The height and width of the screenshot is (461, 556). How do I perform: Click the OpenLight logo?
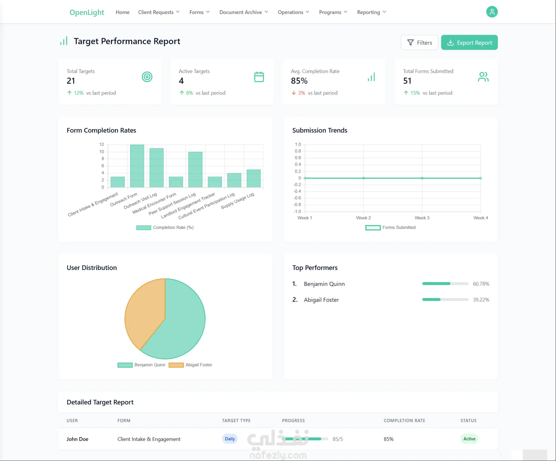pyautogui.click(x=87, y=12)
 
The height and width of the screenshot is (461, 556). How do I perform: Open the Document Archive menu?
pyautogui.click(x=244, y=12)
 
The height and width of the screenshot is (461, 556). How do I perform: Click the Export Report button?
pyautogui.click(x=469, y=43)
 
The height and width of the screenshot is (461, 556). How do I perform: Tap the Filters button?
pyautogui.click(x=419, y=43)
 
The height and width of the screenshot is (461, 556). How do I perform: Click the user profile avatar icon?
pyautogui.click(x=492, y=12)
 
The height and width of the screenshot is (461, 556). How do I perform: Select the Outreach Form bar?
pyautogui.click(x=137, y=166)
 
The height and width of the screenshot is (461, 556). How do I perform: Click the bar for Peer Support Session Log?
pyautogui.click(x=195, y=170)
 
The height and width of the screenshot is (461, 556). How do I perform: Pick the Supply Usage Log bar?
pyautogui.click(x=254, y=179)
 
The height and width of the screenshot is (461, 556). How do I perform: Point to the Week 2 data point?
pyautogui.click(x=363, y=178)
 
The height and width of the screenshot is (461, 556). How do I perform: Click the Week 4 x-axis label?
pyautogui.click(x=480, y=218)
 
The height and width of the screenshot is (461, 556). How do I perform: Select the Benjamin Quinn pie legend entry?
pyautogui.click(x=141, y=365)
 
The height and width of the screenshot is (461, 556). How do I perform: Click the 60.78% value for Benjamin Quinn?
pyautogui.click(x=481, y=284)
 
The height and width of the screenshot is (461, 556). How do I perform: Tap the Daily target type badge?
pyautogui.click(x=230, y=439)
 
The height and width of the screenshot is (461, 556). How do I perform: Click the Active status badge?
pyautogui.click(x=469, y=439)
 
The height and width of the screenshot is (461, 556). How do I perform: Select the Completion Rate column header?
pyautogui.click(x=404, y=420)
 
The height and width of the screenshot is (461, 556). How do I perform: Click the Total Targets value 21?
pyautogui.click(x=71, y=81)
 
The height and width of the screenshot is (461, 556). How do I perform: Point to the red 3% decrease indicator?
pyautogui.click(x=298, y=93)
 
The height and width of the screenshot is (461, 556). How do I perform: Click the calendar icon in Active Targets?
pyautogui.click(x=259, y=77)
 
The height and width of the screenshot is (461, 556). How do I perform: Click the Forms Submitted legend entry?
pyautogui.click(x=390, y=227)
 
